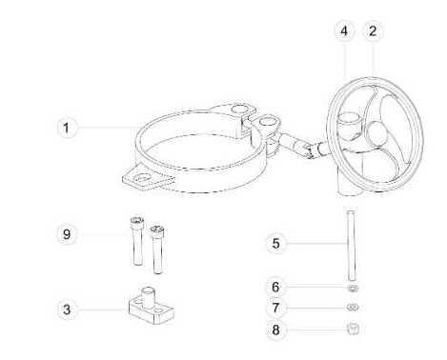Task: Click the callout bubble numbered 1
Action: point(67,128)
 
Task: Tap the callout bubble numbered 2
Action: point(373,30)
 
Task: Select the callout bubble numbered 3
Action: point(67,310)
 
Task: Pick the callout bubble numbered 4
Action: point(344,31)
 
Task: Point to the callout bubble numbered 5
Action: point(275,244)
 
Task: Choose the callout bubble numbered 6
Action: point(275,287)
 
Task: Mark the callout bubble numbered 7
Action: point(275,308)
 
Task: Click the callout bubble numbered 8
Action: point(275,330)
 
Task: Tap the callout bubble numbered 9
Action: point(67,234)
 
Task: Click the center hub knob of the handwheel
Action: point(377,132)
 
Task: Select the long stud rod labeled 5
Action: point(351,246)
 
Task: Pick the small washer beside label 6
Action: point(353,289)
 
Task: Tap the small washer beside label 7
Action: point(353,308)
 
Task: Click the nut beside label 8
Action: point(353,329)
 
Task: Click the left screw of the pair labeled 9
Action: point(137,241)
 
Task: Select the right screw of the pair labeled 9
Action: point(157,250)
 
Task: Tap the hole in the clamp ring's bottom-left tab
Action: point(141,178)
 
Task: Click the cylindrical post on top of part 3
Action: point(148,297)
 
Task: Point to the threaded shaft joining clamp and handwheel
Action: point(300,146)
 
